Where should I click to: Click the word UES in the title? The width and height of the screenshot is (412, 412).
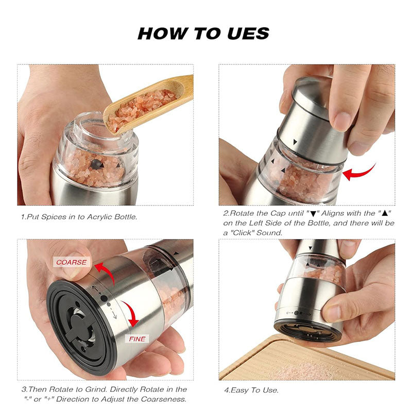tap(241, 34)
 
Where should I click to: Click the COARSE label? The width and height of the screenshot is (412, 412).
tap(71, 262)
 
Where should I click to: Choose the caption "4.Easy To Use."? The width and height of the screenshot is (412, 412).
tap(251, 390)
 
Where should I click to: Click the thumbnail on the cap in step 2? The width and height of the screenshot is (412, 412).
tap(341, 122)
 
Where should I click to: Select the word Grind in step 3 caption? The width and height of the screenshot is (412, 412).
tap(90, 389)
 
